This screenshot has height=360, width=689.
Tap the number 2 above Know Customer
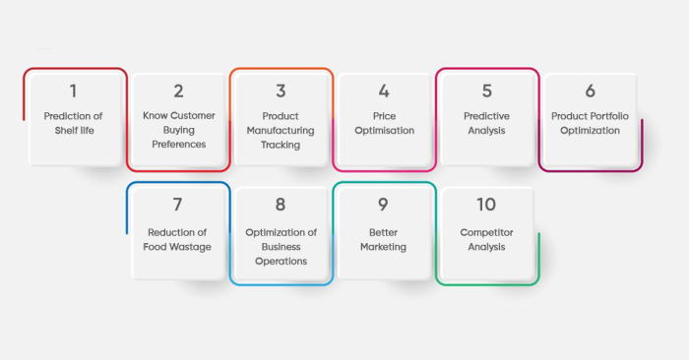pyautogui.click(x=178, y=91)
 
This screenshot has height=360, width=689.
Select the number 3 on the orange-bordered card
pyautogui.click(x=281, y=91)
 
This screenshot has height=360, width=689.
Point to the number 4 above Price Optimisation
pyautogui.click(x=384, y=91)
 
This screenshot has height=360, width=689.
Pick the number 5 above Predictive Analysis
pyautogui.click(x=487, y=91)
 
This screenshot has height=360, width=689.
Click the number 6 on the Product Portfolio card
pyautogui.click(x=591, y=91)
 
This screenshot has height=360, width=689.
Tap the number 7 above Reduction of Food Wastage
pyautogui.click(x=178, y=205)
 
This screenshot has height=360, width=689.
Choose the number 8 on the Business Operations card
pyautogui.click(x=281, y=205)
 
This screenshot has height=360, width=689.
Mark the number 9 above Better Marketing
pyautogui.click(x=384, y=205)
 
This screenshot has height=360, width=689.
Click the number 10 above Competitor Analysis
pyautogui.click(x=487, y=205)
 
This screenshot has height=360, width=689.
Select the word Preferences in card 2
pyautogui.click(x=178, y=144)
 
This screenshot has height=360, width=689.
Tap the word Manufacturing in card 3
pyautogui.click(x=281, y=130)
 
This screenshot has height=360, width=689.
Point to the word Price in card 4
pyautogui.click(x=384, y=116)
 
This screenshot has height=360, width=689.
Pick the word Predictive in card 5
pyautogui.click(x=487, y=116)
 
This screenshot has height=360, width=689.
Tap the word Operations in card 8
pyautogui.click(x=281, y=261)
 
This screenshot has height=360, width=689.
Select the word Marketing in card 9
pyautogui.click(x=384, y=247)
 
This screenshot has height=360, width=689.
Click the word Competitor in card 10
pyautogui.click(x=487, y=233)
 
